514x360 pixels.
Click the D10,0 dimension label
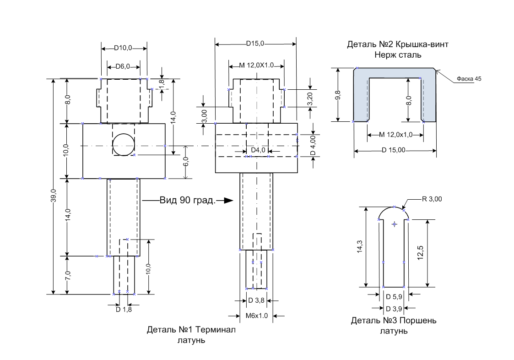pyautogui.click(x=123, y=48)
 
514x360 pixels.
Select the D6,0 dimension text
pyautogui.click(x=123, y=66)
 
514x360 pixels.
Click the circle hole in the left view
pyautogui.click(x=123, y=145)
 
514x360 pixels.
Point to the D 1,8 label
pyautogui.click(x=124, y=309)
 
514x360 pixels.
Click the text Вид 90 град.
pyautogui.click(x=187, y=200)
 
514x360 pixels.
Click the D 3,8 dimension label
pyautogui.click(x=257, y=300)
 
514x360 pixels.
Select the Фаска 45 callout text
pyautogui.click(x=469, y=79)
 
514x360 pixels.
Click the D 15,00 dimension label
pyautogui.click(x=394, y=150)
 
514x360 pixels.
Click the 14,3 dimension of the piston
pyautogui.click(x=366, y=248)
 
